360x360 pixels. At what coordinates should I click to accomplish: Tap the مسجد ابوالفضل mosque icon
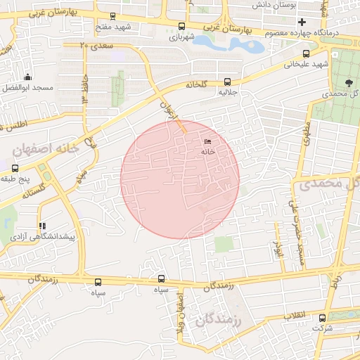(27, 77)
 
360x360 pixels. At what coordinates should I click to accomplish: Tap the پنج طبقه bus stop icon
(15, 168)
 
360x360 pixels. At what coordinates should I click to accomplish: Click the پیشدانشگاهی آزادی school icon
(42, 226)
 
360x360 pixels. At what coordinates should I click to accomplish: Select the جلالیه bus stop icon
(226, 82)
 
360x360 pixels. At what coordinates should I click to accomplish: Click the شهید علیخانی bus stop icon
(305, 53)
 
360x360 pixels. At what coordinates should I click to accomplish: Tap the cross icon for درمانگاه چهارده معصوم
(302, 22)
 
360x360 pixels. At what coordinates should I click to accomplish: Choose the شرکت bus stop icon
(323, 316)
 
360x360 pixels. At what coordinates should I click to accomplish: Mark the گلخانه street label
(197, 84)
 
